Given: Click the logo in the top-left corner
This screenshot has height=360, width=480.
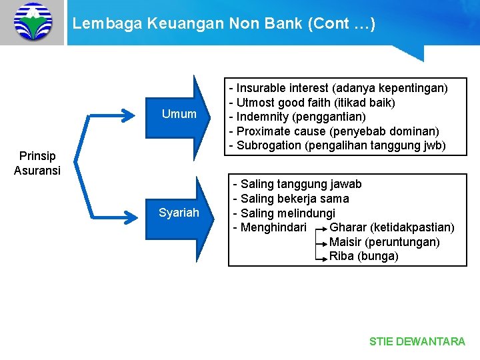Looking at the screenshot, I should pos(32,22).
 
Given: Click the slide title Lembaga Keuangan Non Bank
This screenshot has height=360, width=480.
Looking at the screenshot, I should pos(224,24).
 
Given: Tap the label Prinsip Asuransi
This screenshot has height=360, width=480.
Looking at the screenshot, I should pos(37,163).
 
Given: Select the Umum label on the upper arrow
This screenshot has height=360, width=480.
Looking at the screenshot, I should pos(179,114).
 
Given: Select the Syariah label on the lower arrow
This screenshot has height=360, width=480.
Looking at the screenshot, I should pos(179,213).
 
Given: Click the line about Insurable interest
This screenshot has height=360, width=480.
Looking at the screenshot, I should pos(338,88).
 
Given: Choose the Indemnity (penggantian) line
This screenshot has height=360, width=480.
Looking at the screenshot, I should pos(297,117).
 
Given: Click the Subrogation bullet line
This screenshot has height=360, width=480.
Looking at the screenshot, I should pos(337,145).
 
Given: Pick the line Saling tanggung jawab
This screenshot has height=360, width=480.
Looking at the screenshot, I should pos(297,184).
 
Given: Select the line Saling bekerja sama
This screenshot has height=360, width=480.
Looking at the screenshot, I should pos(291,199).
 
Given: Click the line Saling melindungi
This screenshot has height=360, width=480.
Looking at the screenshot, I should pos(283,213).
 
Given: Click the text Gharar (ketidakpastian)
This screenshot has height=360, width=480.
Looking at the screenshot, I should pos(392,228).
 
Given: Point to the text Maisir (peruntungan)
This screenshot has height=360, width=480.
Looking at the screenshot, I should pos(384,242).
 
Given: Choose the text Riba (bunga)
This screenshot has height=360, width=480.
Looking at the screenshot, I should pos(363,257).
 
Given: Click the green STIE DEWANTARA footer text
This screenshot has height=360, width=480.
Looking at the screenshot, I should pos(417,341).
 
